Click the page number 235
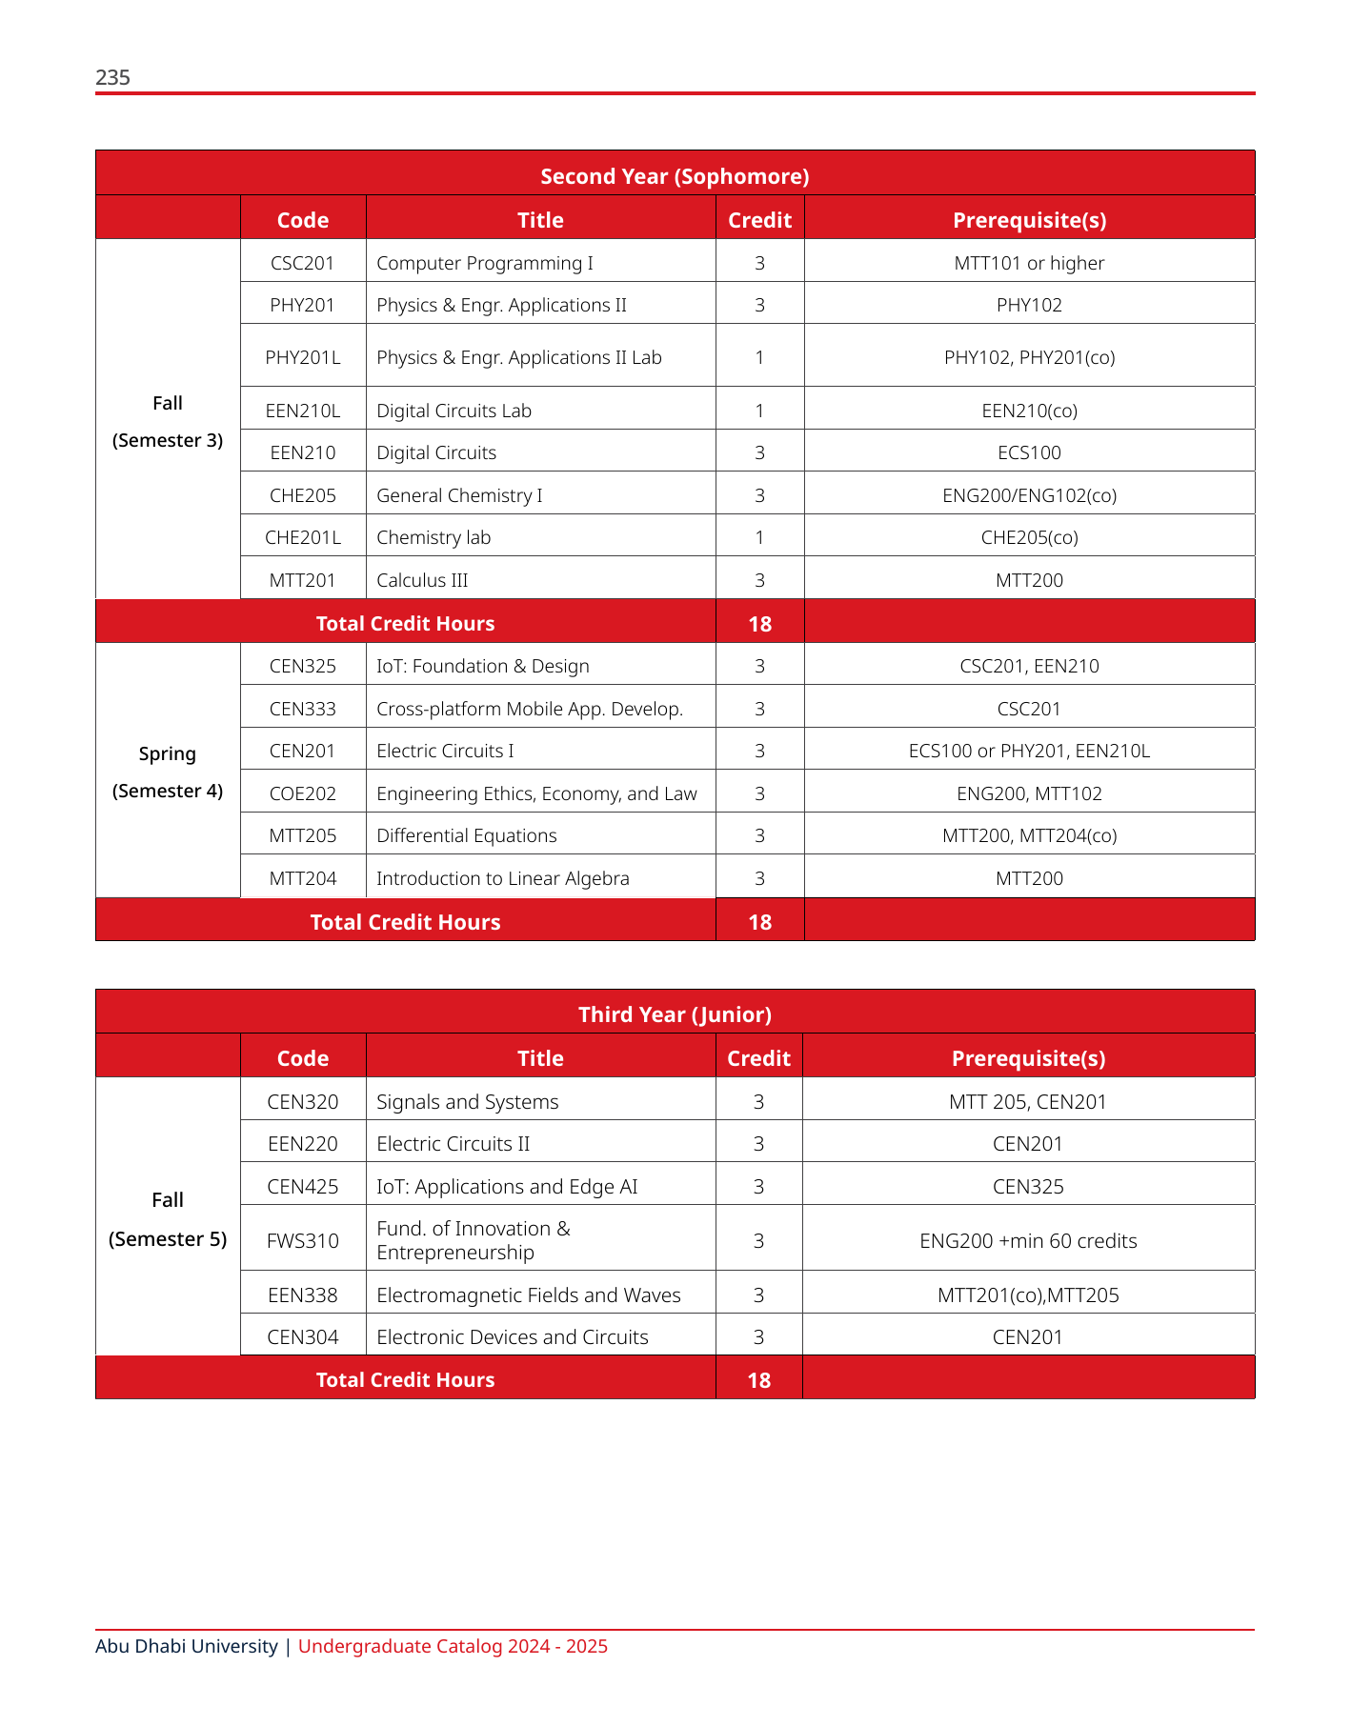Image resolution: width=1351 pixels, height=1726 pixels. pyautogui.click(x=112, y=78)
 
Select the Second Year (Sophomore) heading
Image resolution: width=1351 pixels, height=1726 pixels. pyautogui.click(x=675, y=176)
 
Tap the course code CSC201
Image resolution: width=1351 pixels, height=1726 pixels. pyautogui.click(x=302, y=263)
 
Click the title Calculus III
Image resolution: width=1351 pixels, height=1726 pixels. pyautogui.click(x=422, y=580)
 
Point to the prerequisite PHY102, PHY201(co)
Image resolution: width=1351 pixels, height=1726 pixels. pyautogui.click(x=1029, y=357)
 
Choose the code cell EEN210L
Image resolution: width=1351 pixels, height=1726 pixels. pyautogui.click(x=302, y=411)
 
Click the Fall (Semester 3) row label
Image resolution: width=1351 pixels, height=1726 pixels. pyautogui.click(x=168, y=421)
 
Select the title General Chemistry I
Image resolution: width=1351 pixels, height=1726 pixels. pyautogui.click(x=459, y=495)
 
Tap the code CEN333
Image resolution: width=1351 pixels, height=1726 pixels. pyautogui.click(x=302, y=709)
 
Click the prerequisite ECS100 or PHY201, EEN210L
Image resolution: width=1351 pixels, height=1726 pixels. pyautogui.click(x=1029, y=751)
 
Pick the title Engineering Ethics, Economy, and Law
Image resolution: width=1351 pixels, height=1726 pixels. pyautogui.click(x=536, y=793)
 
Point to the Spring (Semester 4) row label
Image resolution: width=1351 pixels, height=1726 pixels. pyautogui.click(x=168, y=772)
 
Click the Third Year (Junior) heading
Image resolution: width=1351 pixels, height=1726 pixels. pyautogui.click(x=675, y=1014)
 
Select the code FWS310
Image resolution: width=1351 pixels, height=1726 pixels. pyautogui.click(x=302, y=1241)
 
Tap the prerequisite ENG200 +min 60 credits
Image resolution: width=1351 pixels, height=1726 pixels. pyautogui.click(x=1028, y=1241)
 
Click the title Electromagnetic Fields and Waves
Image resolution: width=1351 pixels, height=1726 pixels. pyautogui.click(x=528, y=1295)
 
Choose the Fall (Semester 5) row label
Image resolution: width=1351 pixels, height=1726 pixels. pyautogui.click(x=168, y=1219)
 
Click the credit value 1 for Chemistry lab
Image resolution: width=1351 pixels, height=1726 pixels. pyautogui.click(x=759, y=537)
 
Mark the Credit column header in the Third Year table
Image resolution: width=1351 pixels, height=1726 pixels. pyautogui.click(x=758, y=1058)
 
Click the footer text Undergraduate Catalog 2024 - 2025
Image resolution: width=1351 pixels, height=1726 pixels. pyautogui.click(x=453, y=1646)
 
